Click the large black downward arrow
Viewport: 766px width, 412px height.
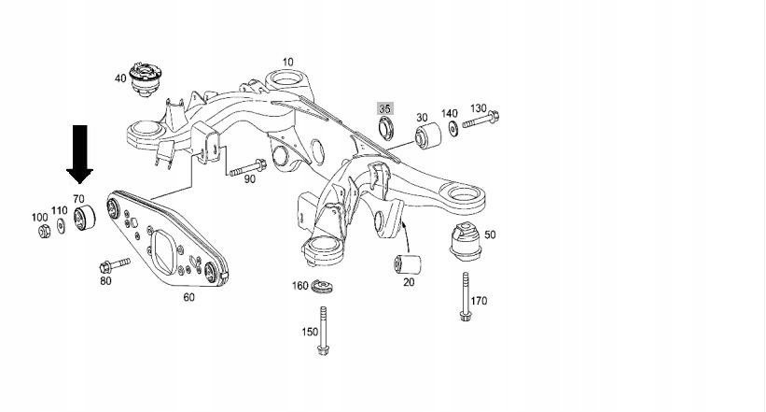(x=79, y=153)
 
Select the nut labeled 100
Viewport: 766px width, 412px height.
(x=44, y=231)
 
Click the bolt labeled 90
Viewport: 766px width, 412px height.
(x=245, y=170)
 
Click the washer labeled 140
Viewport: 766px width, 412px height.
(x=453, y=127)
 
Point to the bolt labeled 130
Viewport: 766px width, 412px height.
(x=480, y=121)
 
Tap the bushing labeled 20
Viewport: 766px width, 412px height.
(x=407, y=263)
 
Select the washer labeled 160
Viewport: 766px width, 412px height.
(x=323, y=286)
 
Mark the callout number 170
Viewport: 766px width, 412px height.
(x=479, y=301)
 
